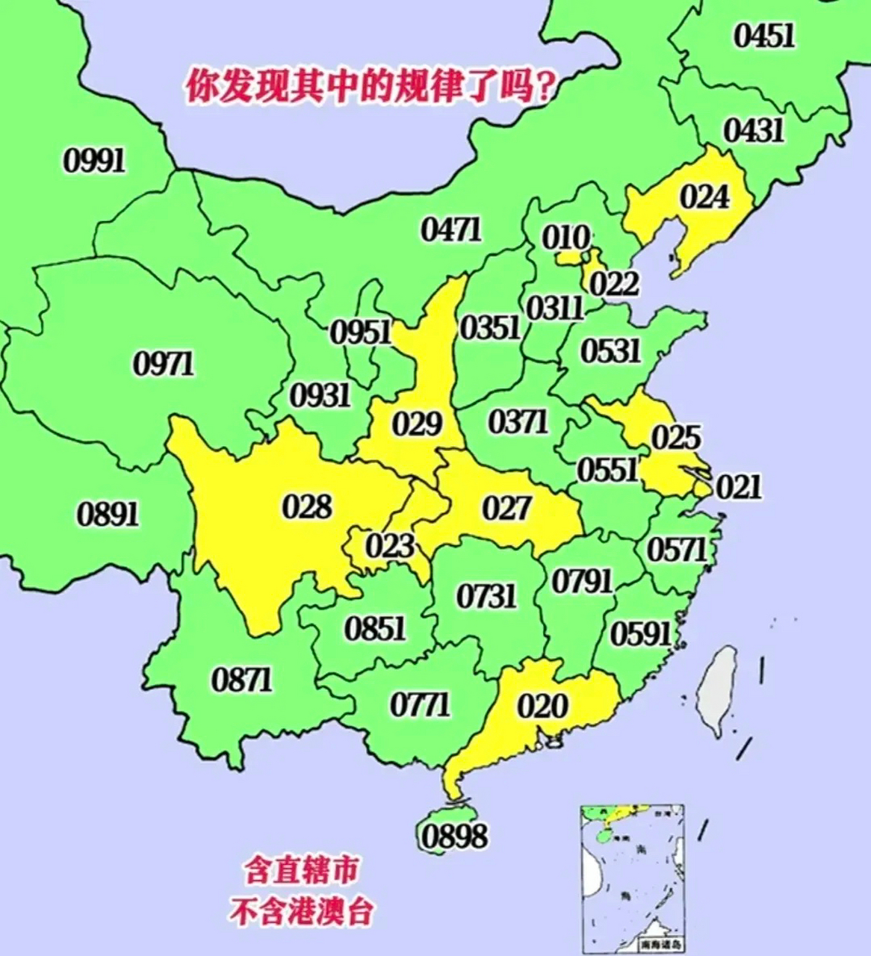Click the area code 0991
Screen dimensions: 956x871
(x=95, y=160)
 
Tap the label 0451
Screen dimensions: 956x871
(x=763, y=35)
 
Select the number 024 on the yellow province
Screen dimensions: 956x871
(x=704, y=197)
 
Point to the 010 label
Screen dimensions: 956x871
(x=565, y=238)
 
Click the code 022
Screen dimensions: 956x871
(x=614, y=284)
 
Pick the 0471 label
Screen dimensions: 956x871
(x=451, y=229)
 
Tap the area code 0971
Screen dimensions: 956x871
(x=163, y=364)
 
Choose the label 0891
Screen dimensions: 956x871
(x=108, y=514)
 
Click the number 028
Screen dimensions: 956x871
(x=307, y=507)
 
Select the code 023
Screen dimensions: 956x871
(x=390, y=546)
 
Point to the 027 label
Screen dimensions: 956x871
(x=506, y=509)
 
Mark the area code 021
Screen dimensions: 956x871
(x=739, y=487)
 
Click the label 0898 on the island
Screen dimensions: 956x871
(x=454, y=835)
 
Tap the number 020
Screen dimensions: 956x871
(x=543, y=705)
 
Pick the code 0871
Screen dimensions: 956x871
(x=242, y=680)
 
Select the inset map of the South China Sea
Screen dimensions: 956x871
(x=632, y=878)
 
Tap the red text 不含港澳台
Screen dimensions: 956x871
(x=301, y=912)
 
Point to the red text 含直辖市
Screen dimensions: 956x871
(x=301, y=871)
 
